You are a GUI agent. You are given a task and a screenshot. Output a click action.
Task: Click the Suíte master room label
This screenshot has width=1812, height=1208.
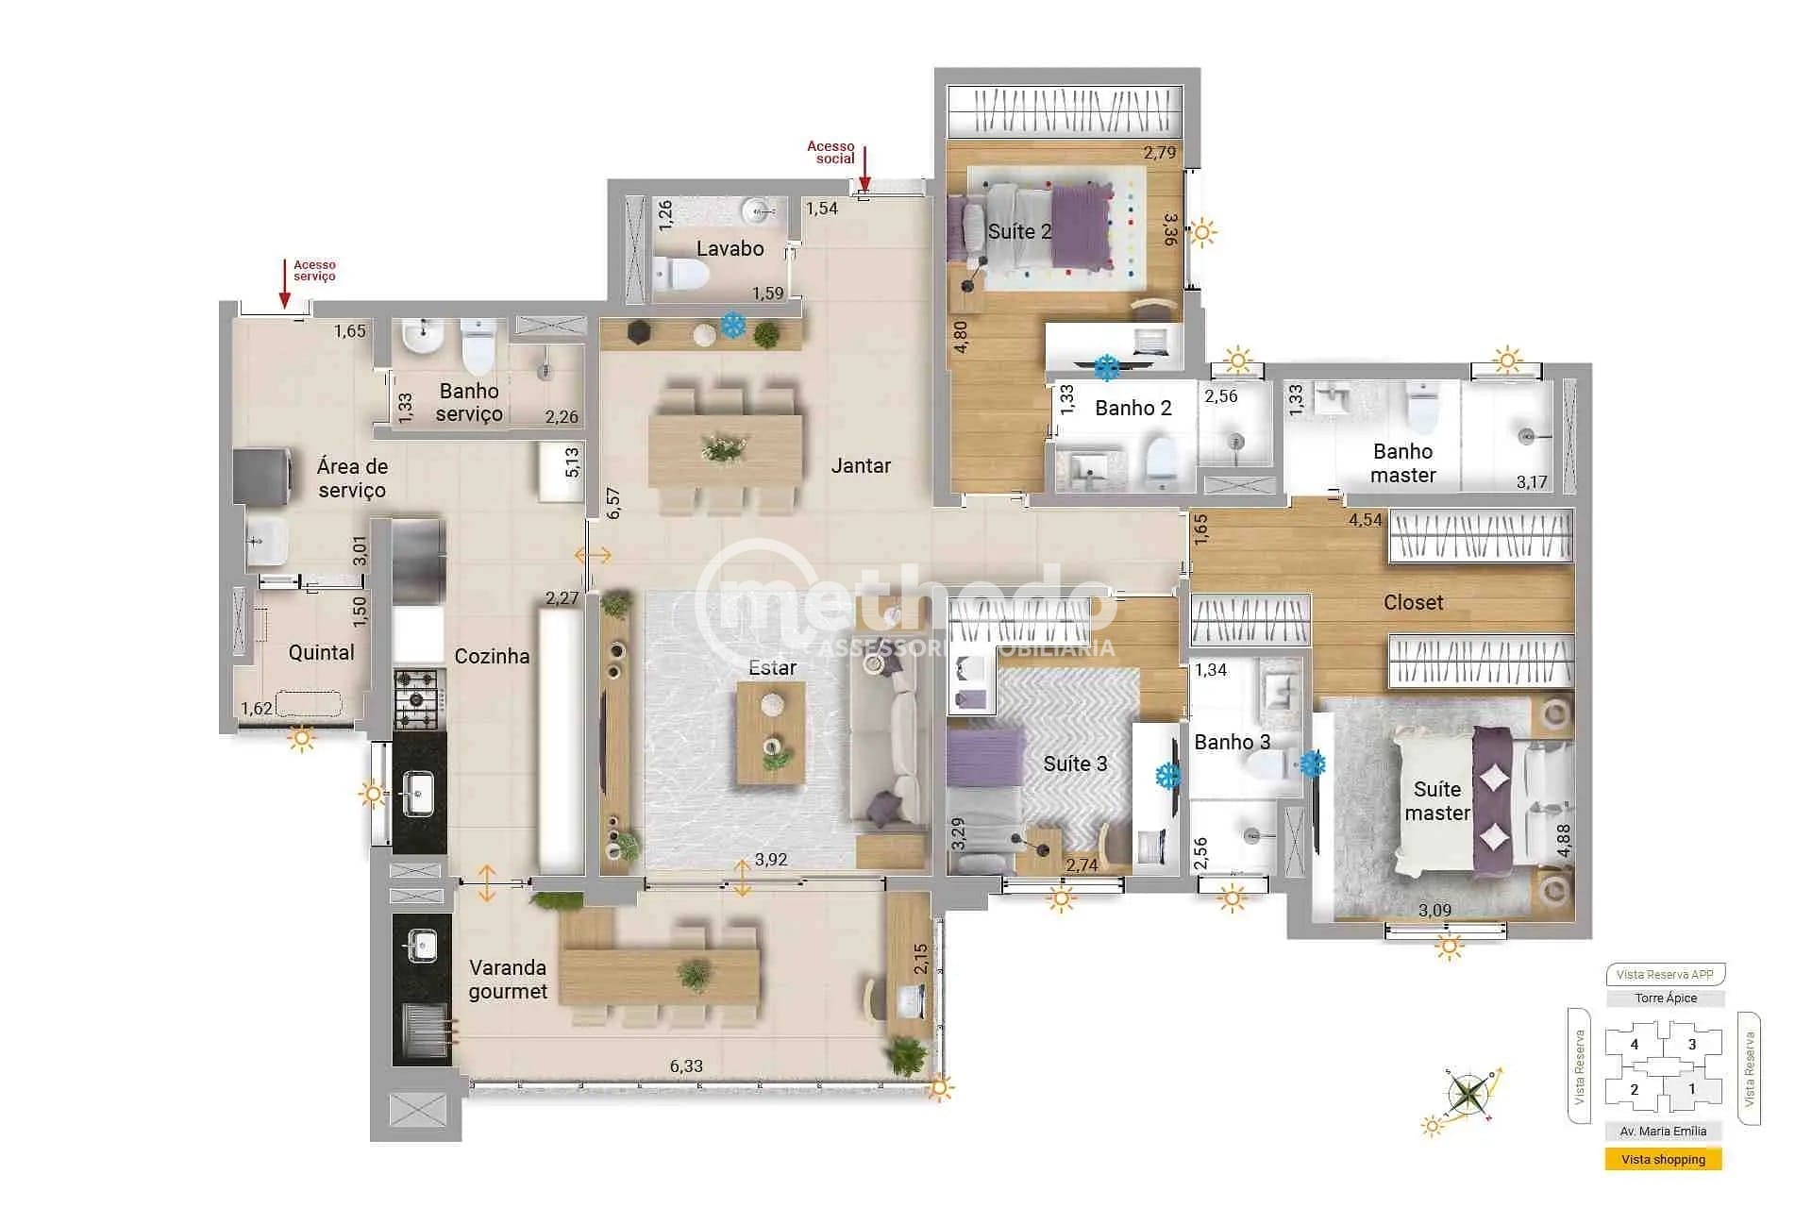[x=1436, y=800]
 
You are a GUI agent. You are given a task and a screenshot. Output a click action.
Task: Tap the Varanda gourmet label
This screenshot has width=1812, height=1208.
[x=508, y=979]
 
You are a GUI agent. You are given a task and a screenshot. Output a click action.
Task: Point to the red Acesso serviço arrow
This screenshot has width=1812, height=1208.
[x=284, y=284]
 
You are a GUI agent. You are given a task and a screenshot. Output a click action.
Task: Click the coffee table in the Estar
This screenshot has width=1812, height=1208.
[x=771, y=733]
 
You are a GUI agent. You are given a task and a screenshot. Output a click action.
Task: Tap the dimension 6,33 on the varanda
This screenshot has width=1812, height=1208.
[x=686, y=1065]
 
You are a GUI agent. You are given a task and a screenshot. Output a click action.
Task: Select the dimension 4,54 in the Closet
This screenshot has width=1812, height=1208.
[x=1365, y=519]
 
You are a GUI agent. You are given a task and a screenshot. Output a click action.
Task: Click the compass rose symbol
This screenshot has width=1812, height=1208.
[x=1468, y=1095]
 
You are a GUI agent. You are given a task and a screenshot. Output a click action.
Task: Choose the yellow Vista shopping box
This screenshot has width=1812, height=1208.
[x=1663, y=1159]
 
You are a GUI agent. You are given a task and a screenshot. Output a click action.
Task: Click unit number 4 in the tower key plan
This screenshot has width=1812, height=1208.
[x=1635, y=1045]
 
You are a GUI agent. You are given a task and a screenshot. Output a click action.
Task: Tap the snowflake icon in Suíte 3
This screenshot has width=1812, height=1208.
[x=1168, y=776]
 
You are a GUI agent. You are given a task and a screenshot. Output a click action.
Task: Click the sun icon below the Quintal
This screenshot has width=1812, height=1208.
[x=302, y=738]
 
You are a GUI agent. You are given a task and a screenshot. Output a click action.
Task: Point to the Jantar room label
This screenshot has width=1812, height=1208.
[x=861, y=465]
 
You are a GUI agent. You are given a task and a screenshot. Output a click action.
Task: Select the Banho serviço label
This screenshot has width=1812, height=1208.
[x=469, y=402]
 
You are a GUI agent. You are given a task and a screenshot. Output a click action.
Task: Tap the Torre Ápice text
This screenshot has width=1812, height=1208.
[x=1666, y=998]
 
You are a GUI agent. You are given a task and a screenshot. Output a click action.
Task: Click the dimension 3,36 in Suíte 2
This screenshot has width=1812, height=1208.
[x=1169, y=228]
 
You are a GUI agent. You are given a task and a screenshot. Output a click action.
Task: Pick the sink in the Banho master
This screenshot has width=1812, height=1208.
[x=1334, y=398]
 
